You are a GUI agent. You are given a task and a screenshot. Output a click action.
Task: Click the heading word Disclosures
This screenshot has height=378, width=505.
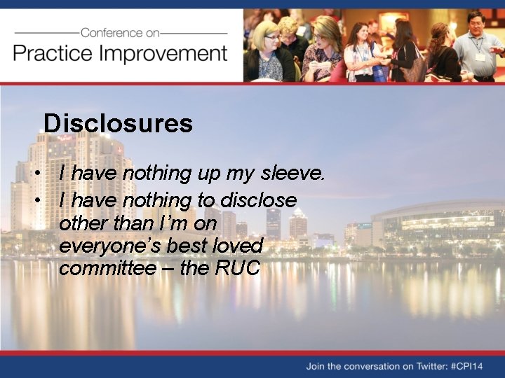click(118, 123)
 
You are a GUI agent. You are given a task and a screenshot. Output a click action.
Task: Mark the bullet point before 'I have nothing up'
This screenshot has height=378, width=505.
click(44, 173)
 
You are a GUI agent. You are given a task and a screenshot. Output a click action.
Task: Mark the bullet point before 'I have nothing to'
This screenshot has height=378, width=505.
click(44, 201)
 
